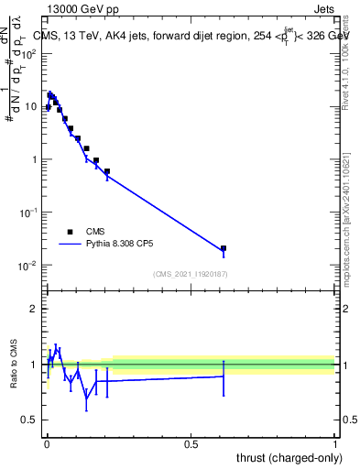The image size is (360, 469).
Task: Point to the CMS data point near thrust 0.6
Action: tap(223, 248)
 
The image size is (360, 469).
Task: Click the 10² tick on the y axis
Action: tap(31, 53)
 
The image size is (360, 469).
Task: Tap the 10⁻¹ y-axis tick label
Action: tap(30, 213)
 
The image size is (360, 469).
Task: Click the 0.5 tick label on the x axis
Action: tap(191, 444)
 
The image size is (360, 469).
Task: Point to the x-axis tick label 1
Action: tap(335, 444)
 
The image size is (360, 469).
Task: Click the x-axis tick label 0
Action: tap(46, 444)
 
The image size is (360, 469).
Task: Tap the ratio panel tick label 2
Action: tap(36, 309)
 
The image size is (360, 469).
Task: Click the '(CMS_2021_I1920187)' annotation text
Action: tap(190, 274)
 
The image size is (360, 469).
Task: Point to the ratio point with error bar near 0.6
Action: tap(223, 376)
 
